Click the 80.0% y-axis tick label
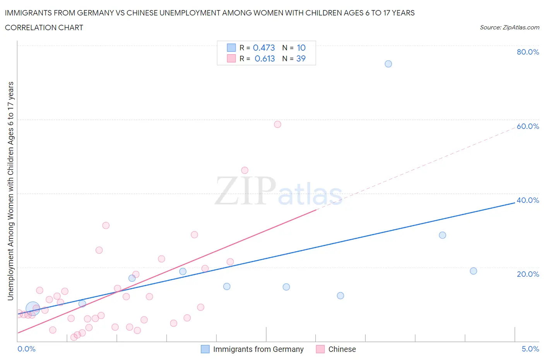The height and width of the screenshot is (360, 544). coord(528,52)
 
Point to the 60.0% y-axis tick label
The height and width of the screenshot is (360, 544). coord(528,126)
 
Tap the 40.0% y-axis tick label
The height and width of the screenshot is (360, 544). coord(528,200)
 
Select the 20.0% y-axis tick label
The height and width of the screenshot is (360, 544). coord(528,274)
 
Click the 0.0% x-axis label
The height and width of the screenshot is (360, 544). coord(26,349)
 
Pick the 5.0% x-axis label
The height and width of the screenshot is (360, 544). coord(530,349)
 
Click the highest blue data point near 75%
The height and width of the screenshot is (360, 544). coord(388,64)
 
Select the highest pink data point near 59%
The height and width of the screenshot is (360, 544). coord(277,124)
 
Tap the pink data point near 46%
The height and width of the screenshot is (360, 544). coord(245,170)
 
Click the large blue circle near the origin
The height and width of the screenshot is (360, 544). coord(33,309)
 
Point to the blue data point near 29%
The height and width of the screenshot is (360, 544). coord(442,235)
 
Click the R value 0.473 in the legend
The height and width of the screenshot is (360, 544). coord(264,48)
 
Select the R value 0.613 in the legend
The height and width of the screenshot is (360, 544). coord(265,58)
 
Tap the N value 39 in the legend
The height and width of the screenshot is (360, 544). coord(301,58)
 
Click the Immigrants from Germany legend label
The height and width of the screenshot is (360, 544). coord(258,349)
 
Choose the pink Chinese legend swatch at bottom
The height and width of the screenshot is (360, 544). coord(320,349)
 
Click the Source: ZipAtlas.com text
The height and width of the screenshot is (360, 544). coord(509,27)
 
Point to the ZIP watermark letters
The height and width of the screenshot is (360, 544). coord(245,191)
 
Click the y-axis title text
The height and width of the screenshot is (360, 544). coord(10,191)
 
